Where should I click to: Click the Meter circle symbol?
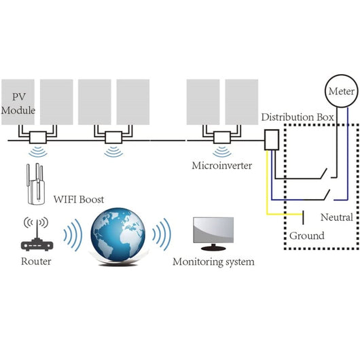(x=341, y=91)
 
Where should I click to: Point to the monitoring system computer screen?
(x=213, y=232)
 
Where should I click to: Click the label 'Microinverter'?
(x=221, y=165)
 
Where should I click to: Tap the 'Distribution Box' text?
(x=298, y=118)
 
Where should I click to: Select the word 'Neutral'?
(x=336, y=217)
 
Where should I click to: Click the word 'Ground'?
(x=306, y=236)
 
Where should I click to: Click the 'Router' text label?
(x=35, y=261)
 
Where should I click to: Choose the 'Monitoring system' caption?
(x=213, y=262)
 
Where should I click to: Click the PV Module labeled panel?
(x=18, y=102)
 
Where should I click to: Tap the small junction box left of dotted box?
(x=271, y=141)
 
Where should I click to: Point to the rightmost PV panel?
(x=242, y=102)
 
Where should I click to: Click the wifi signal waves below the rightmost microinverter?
(x=222, y=152)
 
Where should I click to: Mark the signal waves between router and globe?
(x=71, y=235)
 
